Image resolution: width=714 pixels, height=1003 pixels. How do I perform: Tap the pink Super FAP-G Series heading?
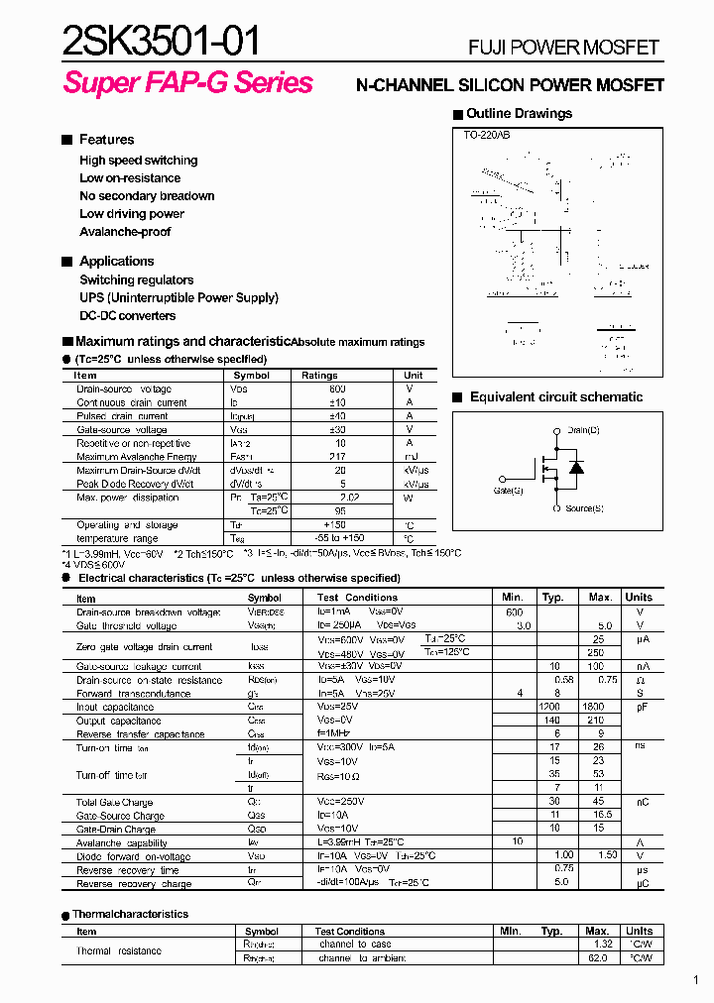point(187,83)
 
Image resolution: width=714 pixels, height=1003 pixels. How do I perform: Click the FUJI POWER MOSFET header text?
point(563,48)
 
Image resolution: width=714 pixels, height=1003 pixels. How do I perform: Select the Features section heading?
point(106,140)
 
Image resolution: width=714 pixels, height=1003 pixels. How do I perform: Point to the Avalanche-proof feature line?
point(125,232)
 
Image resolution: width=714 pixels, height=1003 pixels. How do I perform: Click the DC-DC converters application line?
point(128,316)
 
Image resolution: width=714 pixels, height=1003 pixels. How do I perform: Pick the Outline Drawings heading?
point(519,114)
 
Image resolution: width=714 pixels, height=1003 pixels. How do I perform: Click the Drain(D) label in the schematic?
point(583,430)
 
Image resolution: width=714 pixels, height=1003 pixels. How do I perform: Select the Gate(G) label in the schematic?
point(509,490)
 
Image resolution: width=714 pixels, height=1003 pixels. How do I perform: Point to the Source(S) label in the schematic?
point(584,508)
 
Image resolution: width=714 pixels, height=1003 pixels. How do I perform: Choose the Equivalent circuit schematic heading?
point(555,397)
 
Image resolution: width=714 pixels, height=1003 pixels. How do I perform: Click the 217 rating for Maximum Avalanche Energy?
point(340,457)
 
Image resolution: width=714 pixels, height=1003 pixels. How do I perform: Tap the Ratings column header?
point(319,376)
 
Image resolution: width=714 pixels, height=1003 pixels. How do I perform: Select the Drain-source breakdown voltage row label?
point(148,613)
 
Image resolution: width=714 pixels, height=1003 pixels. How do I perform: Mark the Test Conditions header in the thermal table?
point(350,932)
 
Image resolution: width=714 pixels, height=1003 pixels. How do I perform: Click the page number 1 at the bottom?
point(696,981)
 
